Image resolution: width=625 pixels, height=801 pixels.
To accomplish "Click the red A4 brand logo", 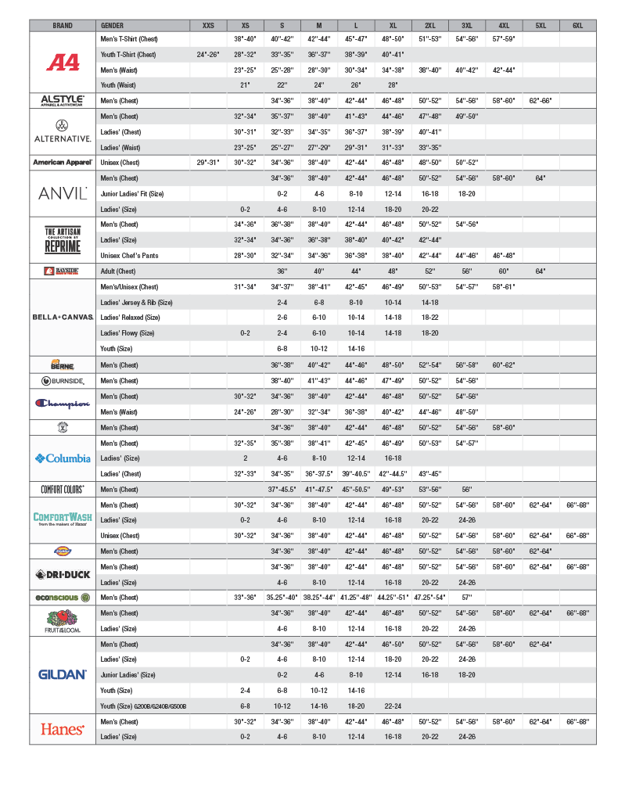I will point(63,62).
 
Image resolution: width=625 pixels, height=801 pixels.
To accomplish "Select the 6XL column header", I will point(577,25).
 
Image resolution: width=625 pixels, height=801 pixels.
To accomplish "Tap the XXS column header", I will point(208,25).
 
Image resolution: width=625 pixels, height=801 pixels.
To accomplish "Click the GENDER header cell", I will point(113,25).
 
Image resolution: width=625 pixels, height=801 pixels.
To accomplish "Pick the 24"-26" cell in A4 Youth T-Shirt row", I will point(208,55).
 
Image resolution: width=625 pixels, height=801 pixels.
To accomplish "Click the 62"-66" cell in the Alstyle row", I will point(541,101).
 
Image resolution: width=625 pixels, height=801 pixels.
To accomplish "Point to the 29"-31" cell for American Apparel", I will point(208,163).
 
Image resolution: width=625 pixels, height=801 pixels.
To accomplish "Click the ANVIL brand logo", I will point(63,193).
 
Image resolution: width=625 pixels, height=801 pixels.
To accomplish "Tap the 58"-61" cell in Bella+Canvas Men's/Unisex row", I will point(504,286).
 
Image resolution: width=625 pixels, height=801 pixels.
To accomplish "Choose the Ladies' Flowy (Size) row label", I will point(128,332).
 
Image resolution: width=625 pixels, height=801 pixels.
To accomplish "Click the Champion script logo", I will point(63,404).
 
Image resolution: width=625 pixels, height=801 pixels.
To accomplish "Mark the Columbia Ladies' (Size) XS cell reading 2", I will point(245,458).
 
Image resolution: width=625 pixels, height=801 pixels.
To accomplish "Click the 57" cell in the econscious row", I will point(467,598).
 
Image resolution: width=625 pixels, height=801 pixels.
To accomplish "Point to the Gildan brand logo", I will point(63,674).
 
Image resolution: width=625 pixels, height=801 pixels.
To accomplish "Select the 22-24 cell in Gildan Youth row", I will point(393,706).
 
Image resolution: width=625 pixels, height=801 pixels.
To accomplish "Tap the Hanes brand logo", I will point(63,729).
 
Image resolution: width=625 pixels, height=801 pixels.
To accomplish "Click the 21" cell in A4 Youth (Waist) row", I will point(245,85).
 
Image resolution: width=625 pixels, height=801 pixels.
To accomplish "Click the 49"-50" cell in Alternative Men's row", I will point(467,117).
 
